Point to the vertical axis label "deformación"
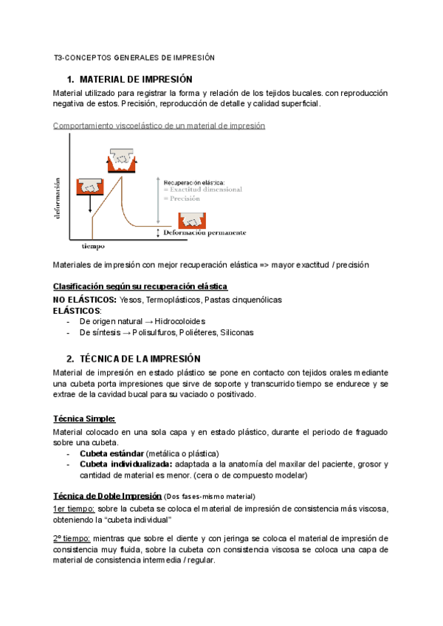pyautogui.click(x=58, y=198)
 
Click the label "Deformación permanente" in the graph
pyautogui.click(x=205, y=233)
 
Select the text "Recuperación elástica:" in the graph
pyautogui.click(x=196, y=182)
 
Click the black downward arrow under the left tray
pyautogui.click(x=91, y=202)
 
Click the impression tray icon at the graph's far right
pyautogui.click(x=193, y=220)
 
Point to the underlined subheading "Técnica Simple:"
pyautogui.click(x=84, y=418)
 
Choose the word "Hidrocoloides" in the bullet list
pyautogui.click(x=179, y=322)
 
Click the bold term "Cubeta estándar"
pyautogui.click(x=111, y=453)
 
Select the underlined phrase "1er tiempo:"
pyautogui.click(x=74, y=509)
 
